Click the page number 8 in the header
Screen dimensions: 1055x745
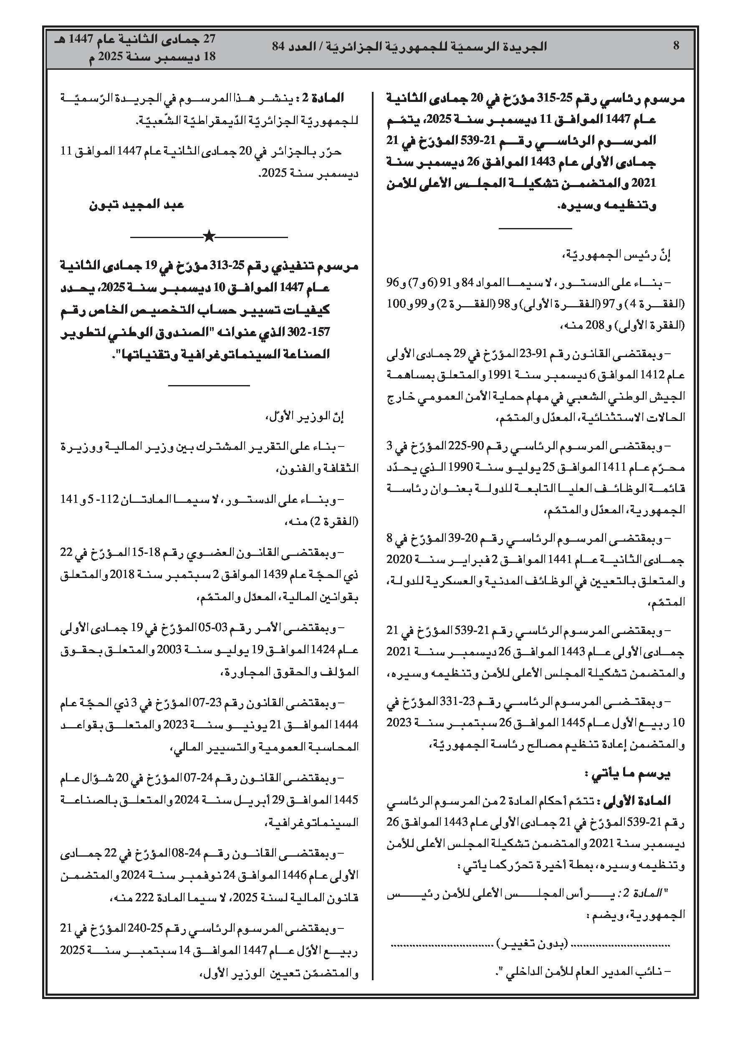(x=676, y=46)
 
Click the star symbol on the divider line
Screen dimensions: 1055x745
(x=209, y=237)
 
